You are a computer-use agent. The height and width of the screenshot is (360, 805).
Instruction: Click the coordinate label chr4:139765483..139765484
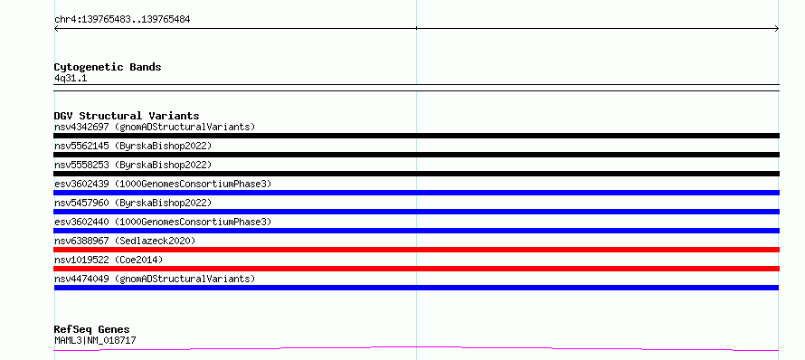[122, 20]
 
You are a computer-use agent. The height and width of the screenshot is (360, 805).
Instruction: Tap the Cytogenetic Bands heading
[108, 67]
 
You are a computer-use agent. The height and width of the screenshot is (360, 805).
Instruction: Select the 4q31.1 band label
[71, 78]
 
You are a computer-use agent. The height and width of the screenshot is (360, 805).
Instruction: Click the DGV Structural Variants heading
[127, 116]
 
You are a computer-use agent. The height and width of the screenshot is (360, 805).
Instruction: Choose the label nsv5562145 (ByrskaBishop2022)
[133, 146]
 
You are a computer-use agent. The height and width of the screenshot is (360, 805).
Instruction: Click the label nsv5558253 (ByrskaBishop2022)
[133, 165]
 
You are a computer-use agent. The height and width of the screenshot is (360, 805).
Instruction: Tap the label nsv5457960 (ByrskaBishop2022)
[133, 203]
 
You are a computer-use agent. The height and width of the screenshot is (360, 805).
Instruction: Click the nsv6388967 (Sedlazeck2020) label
[125, 241]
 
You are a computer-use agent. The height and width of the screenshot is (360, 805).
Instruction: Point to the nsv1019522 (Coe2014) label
[109, 260]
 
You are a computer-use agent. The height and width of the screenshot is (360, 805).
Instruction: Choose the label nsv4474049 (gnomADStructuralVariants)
[155, 279]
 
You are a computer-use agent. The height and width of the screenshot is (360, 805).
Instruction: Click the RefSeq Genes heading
[92, 329]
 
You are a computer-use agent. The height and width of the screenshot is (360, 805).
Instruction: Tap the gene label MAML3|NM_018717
[95, 340]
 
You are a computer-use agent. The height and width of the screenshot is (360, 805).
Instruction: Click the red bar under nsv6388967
[416, 250]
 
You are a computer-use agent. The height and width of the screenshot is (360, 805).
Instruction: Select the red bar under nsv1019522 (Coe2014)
[416, 269]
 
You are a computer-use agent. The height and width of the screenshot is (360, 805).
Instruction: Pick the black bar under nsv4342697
[416, 136]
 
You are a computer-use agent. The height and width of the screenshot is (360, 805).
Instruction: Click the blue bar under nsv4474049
[416, 288]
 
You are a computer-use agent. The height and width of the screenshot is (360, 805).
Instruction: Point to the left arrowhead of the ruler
[55, 29]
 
